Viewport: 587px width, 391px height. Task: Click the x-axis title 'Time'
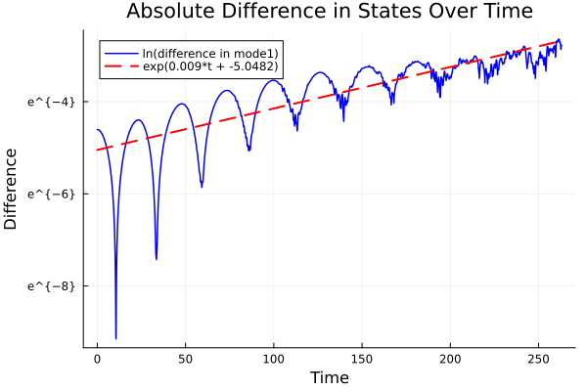pyautogui.click(x=329, y=377)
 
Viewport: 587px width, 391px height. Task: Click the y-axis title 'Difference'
pyautogui.click(x=12, y=189)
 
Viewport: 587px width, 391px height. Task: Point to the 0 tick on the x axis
pyautogui.click(x=97, y=360)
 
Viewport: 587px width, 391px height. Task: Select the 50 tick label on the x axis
pyautogui.click(x=185, y=360)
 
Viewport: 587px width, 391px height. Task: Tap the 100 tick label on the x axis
pyautogui.click(x=274, y=360)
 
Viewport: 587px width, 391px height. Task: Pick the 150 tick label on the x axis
pyautogui.click(x=362, y=360)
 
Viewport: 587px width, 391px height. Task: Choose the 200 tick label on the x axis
pyautogui.click(x=450, y=360)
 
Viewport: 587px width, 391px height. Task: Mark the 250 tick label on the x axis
pyautogui.click(x=538, y=360)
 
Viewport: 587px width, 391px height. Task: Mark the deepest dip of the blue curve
pyautogui.click(x=115, y=338)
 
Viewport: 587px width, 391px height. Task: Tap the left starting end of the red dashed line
pyautogui.click(x=97, y=150)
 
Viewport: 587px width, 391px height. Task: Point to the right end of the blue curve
pyautogui.click(x=561, y=47)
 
